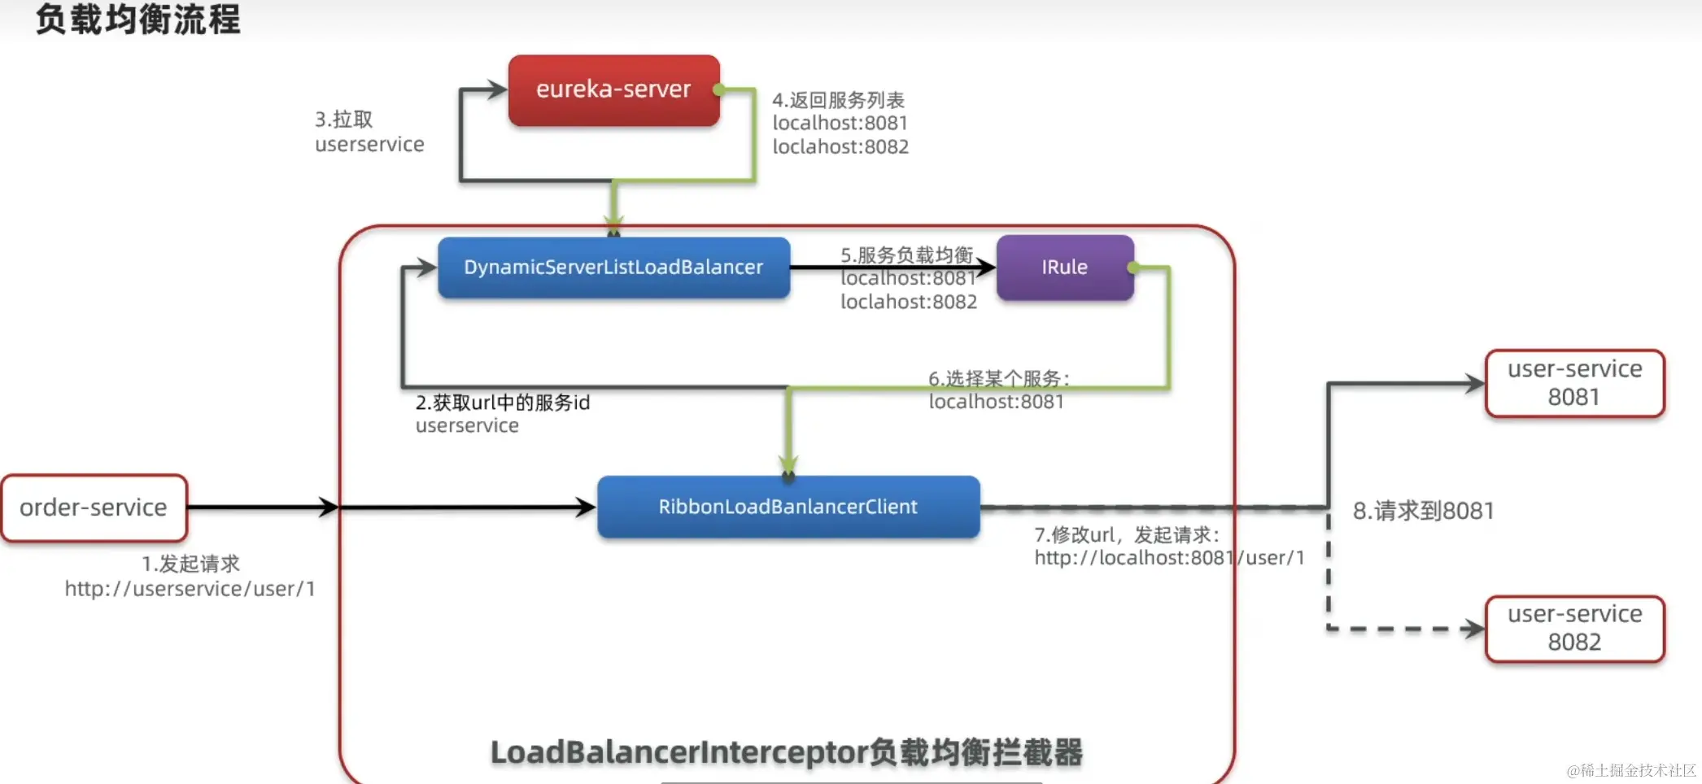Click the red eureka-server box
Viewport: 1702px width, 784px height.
(613, 89)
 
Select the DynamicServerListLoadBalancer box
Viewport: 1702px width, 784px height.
(613, 268)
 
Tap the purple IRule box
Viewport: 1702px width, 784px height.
(1064, 268)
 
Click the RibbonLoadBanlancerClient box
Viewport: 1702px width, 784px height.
(788, 507)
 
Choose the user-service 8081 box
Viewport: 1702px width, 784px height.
(1574, 383)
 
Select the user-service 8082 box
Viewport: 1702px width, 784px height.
(1574, 629)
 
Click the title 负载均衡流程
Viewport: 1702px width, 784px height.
(138, 20)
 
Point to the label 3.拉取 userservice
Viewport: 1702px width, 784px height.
(369, 132)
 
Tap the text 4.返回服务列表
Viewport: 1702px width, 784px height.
(838, 100)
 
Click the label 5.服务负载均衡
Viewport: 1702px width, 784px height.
(906, 255)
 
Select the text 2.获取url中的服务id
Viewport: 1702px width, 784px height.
(502, 403)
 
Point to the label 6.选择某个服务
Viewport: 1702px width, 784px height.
(999, 378)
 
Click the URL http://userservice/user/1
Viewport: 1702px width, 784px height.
(190, 589)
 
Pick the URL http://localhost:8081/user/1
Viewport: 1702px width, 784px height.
(1169, 558)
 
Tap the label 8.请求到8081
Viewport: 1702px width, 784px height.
(1423, 511)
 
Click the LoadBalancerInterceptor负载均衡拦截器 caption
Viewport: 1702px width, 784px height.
(786, 752)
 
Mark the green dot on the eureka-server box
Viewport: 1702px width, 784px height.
(718, 89)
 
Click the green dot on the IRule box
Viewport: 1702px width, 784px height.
(1132, 267)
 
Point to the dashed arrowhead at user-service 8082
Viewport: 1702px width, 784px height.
(1473, 629)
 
